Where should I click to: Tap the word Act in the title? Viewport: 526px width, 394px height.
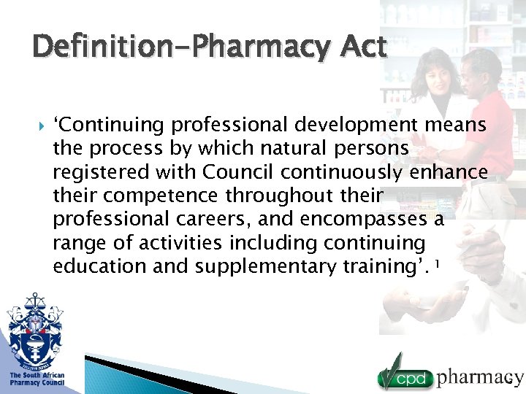(x=362, y=48)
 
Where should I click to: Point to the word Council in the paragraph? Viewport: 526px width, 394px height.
(x=239, y=172)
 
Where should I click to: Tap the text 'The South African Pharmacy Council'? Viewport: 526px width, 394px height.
(x=37, y=379)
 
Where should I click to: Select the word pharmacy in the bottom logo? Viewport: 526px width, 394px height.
(x=479, y=377)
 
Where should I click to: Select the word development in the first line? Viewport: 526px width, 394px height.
(x=328, y=125)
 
